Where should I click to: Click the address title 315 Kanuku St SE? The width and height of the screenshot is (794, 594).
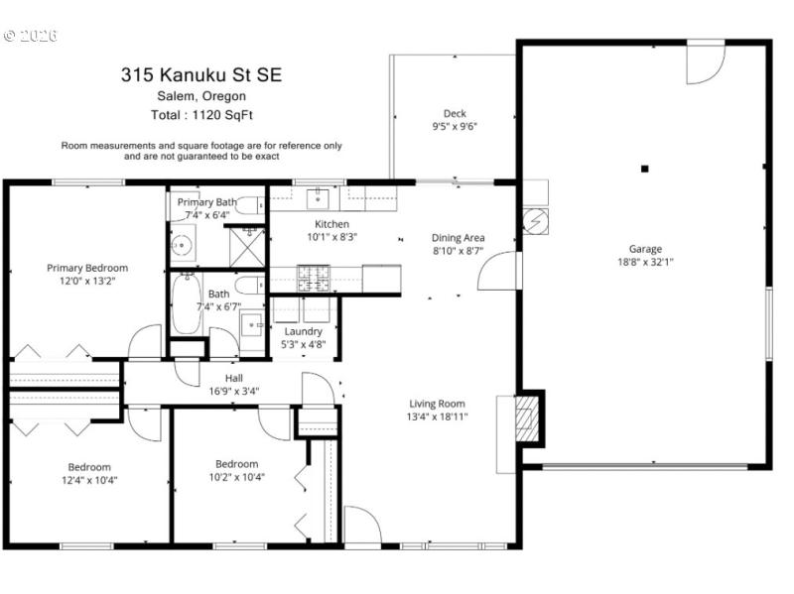pos(201,73)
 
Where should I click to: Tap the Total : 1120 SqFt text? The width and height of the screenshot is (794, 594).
pos(201,115)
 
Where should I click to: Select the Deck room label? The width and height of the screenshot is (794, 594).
pos(455,114)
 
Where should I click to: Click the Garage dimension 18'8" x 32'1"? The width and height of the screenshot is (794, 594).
pos(644,263)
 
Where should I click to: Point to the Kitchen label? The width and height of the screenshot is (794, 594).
pos(331,224)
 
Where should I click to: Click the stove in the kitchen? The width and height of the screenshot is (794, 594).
pos(315,278)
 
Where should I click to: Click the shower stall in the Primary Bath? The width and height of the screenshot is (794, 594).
pos(247,245)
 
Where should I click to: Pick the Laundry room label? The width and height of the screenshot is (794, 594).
pos(303,331)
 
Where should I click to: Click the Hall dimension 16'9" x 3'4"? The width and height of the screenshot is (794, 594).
pos(233,391)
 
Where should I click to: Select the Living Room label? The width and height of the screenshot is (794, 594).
pos(437,404)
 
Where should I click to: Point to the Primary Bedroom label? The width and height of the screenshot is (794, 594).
pos(87,268)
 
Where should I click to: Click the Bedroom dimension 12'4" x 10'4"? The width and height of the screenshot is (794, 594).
pos(89,480)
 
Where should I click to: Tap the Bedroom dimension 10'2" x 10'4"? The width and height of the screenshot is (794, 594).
pos(236,477)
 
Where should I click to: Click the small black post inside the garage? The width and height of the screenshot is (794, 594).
pos(644,169)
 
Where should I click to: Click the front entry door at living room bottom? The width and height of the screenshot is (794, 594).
pos(361,526)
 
